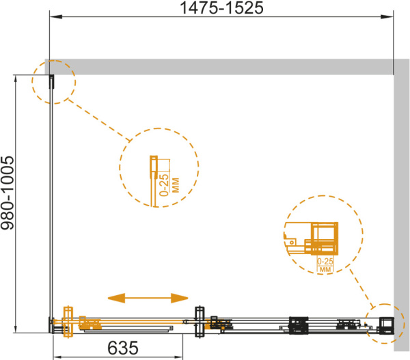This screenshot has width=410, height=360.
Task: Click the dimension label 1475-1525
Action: pos(221,8)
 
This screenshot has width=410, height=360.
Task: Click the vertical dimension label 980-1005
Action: pos(8,193)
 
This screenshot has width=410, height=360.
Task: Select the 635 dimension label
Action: pos(122,348)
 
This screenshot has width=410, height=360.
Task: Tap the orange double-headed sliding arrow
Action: pos(148,298)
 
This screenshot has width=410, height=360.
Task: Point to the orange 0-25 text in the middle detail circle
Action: pos(165,185)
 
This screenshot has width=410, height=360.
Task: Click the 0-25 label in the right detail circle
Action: pos(325,261)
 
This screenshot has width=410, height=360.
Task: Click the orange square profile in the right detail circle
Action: pos(324,238)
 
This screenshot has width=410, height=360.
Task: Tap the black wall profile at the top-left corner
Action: pos(52,81)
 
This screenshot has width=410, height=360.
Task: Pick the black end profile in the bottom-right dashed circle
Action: pos(387,325)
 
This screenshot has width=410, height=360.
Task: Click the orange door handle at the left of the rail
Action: pos(68,322)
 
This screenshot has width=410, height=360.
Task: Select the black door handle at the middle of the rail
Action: pos(200,322)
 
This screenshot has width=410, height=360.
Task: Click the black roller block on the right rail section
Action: pos(299,325)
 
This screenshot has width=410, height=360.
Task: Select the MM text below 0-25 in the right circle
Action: pos(325,269)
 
